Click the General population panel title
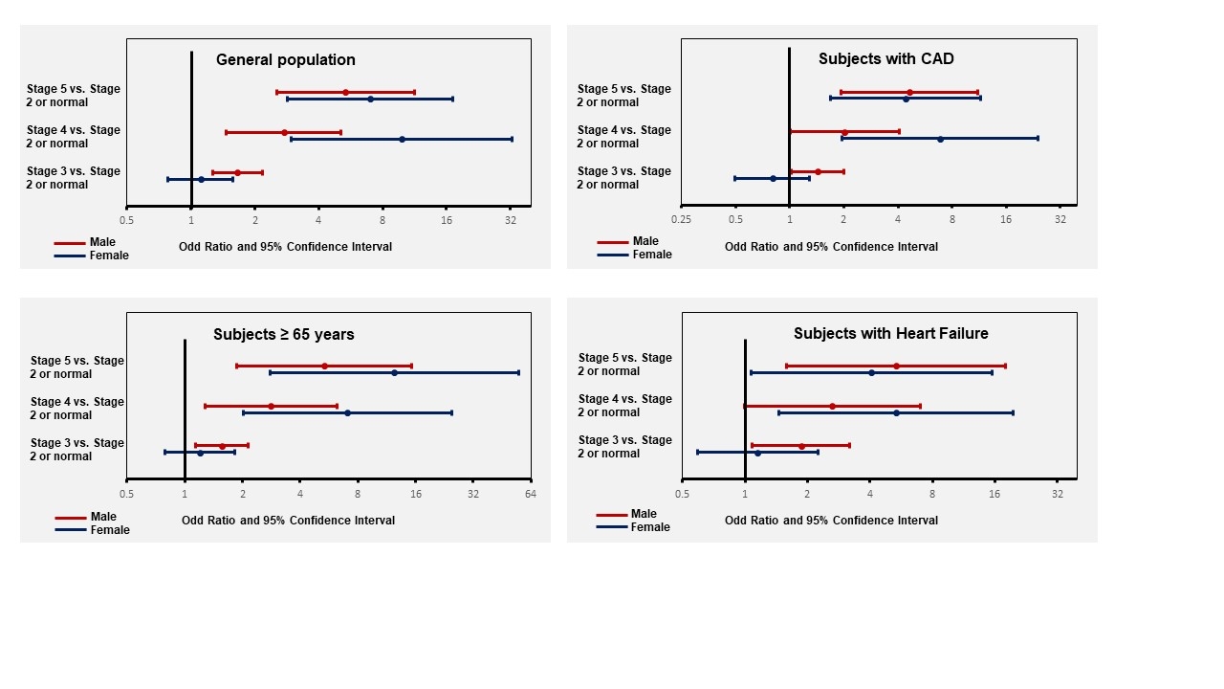pos(285,59)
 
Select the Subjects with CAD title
pos(885,58)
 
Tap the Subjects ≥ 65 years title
pos(284,334)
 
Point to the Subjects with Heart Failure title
pos(890,333)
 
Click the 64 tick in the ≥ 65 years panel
pos(530,494)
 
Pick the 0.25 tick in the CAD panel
pos(681,219)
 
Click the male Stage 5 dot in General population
pos(345,93)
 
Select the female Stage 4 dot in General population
pos(402,140)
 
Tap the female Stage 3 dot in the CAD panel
pos(773,178)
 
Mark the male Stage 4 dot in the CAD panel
pos(844,132)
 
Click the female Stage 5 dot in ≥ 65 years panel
pos(394,373)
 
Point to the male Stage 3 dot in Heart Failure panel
pos(801,446)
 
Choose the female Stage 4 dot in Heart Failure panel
pos(896,412)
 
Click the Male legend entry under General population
pos(102,242)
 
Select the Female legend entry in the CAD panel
pos(652,255)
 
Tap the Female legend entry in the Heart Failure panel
pos(650,526)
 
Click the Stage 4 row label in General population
pos(74,137)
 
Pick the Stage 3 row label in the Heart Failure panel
pos(625,447)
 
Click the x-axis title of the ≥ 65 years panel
pos(288,520)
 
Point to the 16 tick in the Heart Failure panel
pos(994,494)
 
